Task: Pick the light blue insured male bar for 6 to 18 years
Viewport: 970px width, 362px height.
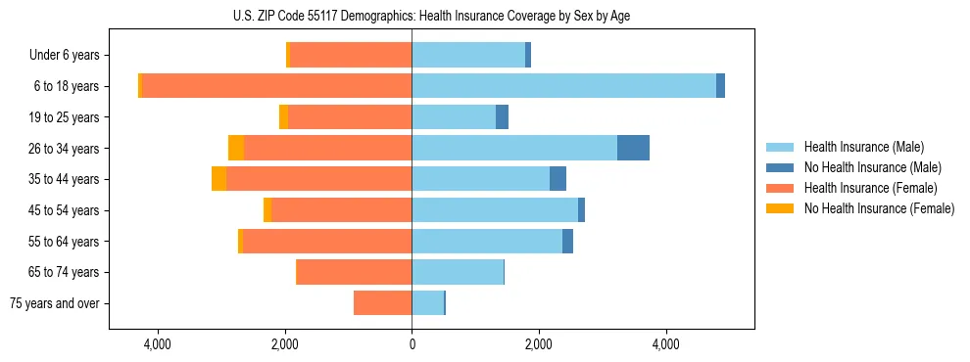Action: click(x=563, y=86)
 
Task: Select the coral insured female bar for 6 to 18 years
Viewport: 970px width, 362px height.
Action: click(x=276, y=86)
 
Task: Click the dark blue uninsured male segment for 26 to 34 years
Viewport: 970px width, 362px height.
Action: click(x=633, y=148)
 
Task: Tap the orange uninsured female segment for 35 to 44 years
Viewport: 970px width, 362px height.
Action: click(x=218, y=179)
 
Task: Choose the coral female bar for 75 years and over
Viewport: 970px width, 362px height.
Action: click(x=382, y=303)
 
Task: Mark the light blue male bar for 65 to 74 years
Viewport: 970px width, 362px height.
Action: click(x=458, y=272)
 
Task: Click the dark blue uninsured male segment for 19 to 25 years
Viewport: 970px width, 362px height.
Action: click(x=502, y=117)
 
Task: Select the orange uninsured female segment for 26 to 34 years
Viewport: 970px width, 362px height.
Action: click(x=236, y=148)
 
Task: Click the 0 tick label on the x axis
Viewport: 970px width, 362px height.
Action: click(x=412, y=344)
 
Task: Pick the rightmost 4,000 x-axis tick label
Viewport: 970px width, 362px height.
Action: click(x=665, y=344)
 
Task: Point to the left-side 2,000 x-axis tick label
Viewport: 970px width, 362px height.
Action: click(x=284, y=344)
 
